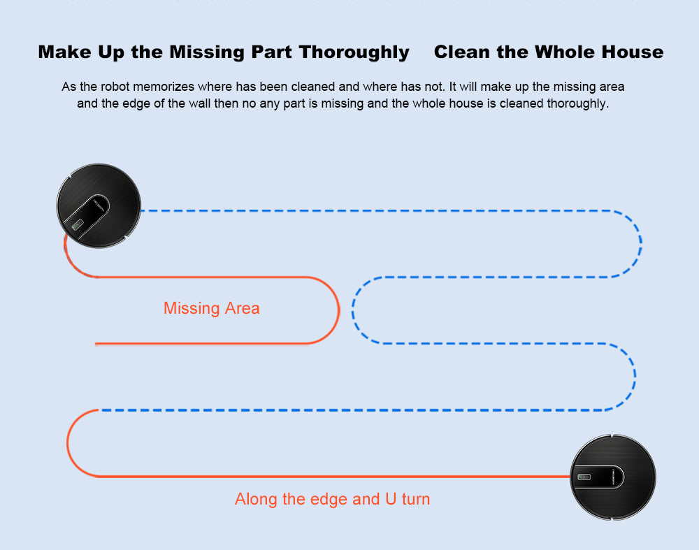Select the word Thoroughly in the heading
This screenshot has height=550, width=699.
point(354,52)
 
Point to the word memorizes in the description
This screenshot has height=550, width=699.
point(164,87)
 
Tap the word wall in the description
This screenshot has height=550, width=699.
point(199,103)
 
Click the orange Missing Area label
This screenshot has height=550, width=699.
point(211,308)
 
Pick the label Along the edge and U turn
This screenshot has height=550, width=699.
point(332,499)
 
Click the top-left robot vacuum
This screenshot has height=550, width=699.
point(99,205)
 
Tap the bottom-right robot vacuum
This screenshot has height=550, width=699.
point(613,477)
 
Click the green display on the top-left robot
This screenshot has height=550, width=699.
point(77,225)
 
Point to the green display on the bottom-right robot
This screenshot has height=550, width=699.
point(584,477)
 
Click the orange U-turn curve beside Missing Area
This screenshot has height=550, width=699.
point(338,310)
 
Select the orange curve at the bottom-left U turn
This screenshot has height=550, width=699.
point(67,443)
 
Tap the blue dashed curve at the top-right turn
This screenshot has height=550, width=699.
point(640,243)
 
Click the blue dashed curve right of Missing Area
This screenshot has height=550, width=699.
point(352,310)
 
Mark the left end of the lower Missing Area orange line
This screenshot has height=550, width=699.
point(95,344)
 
